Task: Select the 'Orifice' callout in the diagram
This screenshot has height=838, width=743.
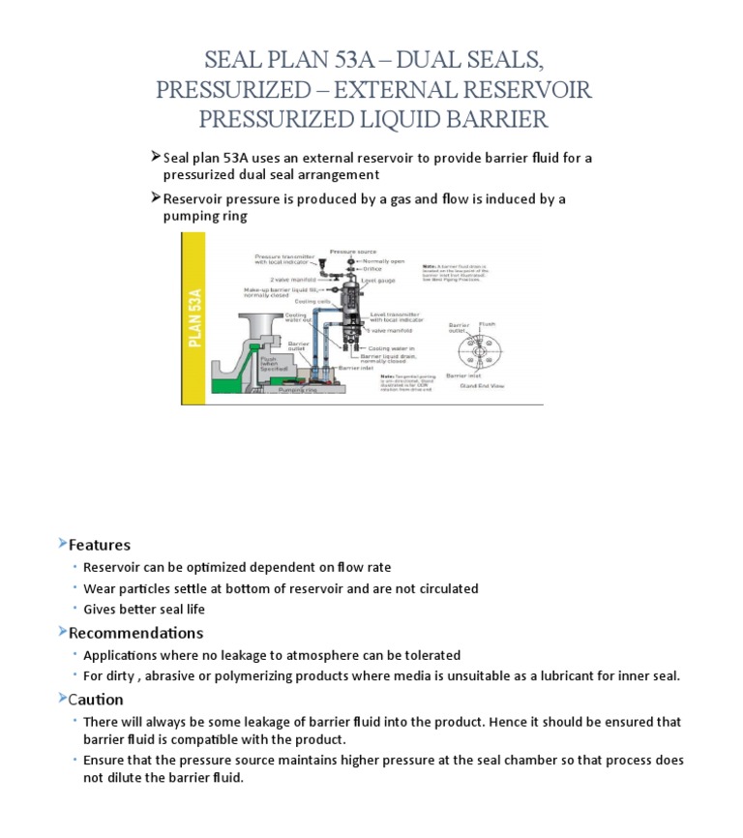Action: click(371, 268)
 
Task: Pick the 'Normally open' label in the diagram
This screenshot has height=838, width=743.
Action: click(382, 260)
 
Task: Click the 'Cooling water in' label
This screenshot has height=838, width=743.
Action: click(391, 347)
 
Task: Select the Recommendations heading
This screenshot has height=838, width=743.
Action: click(135, 633)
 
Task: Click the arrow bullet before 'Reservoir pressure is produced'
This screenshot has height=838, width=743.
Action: click(156, 198)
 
